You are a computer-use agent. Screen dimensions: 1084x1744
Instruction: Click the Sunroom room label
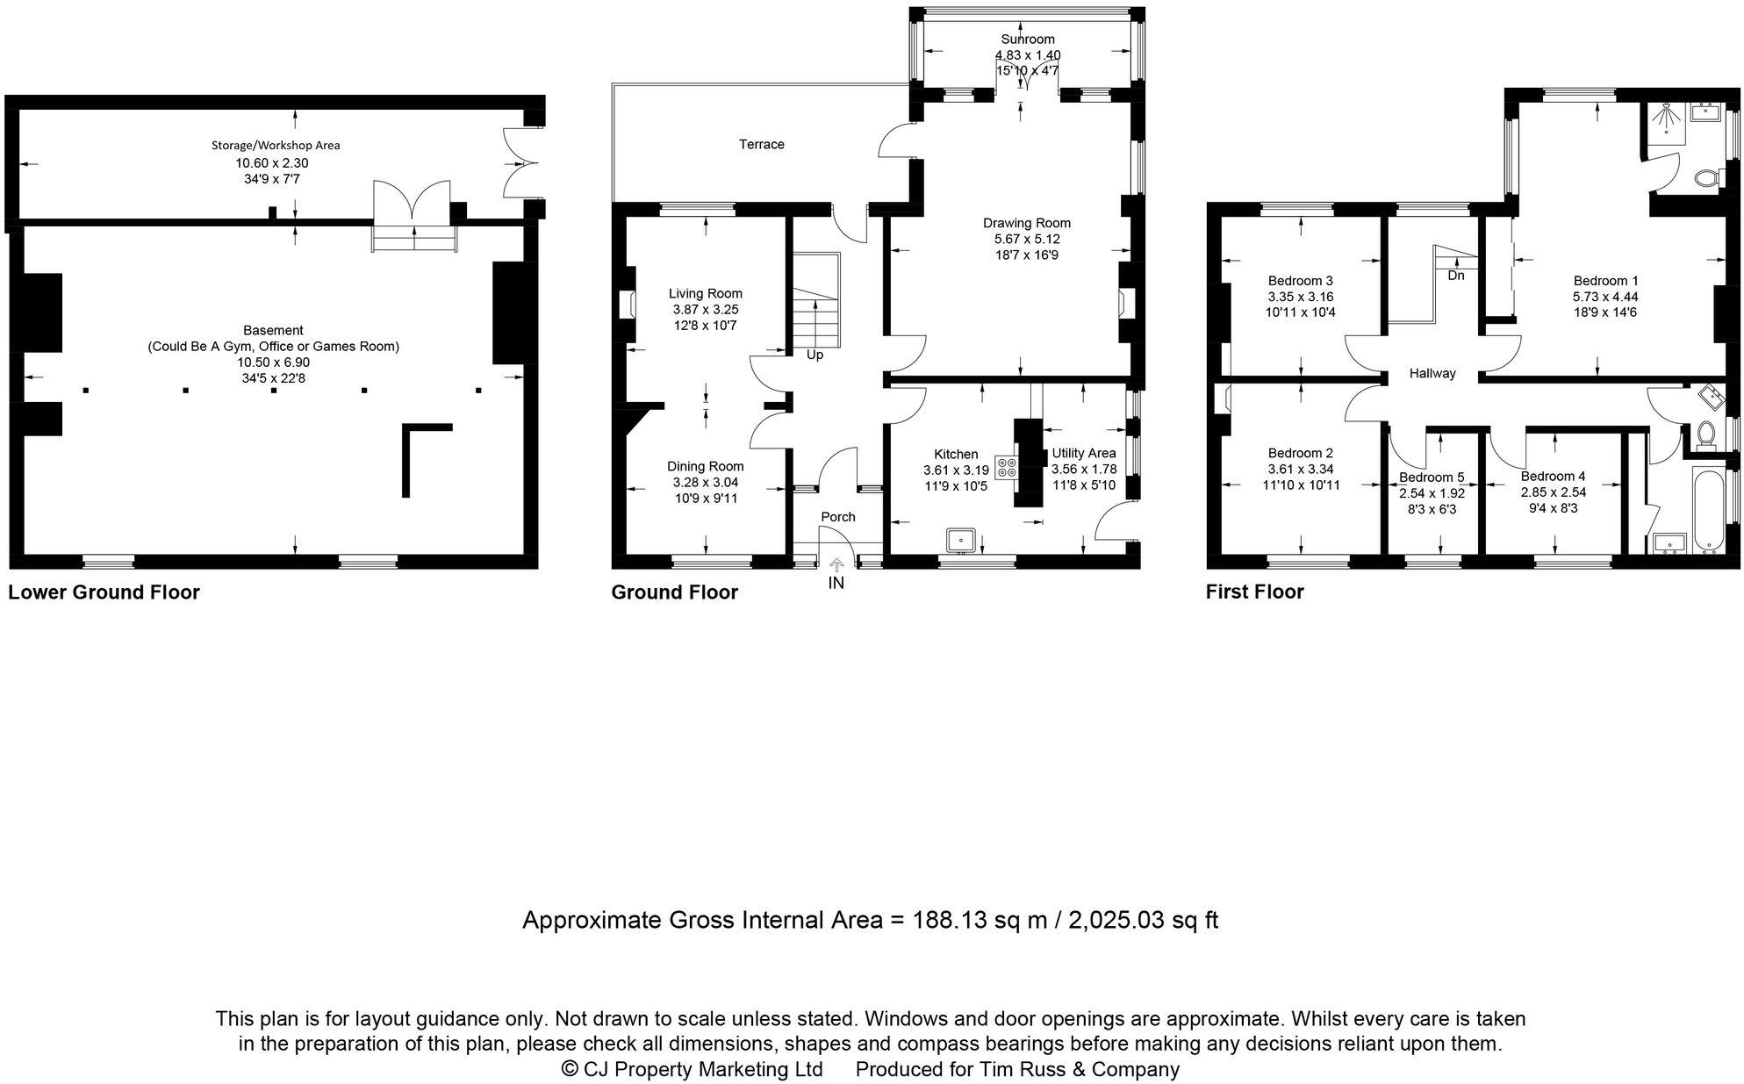1027,39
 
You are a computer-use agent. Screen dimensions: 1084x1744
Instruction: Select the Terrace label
761,144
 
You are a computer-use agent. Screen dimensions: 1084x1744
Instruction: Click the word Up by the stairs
815,355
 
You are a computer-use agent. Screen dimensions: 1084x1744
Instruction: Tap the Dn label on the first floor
1456,276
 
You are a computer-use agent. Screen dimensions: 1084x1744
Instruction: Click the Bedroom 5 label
1432,477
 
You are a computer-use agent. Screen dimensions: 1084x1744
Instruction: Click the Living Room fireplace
628,305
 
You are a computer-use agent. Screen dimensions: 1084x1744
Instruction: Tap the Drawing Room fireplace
1124,304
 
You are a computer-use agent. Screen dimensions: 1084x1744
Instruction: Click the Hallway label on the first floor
1432,373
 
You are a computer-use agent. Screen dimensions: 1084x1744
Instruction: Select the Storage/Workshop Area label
275,146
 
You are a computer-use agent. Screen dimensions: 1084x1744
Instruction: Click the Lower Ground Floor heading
104,592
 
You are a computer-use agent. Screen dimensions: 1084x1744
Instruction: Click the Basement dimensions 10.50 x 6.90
273,363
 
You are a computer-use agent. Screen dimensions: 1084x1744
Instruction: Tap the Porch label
837,517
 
